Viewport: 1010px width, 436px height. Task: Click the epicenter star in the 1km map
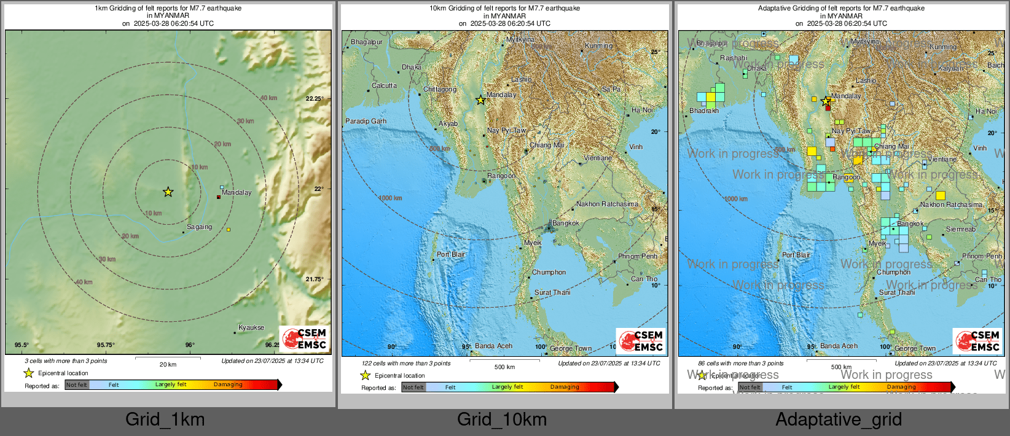[x=168, y=192]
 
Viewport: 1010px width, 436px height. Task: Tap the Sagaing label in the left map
[x=199, y=227]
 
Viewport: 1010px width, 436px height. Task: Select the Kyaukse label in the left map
[x=251, y=327]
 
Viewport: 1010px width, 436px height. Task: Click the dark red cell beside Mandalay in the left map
[x=218, y=197]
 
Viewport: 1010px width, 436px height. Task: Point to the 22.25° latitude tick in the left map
[x=315, y=98]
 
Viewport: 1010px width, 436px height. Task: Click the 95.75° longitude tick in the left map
[x=106, y=345]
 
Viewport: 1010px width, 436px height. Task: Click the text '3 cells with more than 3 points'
[x=66, y=361]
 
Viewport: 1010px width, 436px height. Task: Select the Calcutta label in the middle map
[x=384, y=85]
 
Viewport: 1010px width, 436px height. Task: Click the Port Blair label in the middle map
[x=450, y=254]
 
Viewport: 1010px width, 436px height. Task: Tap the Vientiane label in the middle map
[x=597, y=158]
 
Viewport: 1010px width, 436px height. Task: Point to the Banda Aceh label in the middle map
[x=493, y=346]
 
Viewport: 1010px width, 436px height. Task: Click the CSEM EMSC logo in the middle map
[x=641, y=341]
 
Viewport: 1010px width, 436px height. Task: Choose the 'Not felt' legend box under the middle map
[x=413, y=387]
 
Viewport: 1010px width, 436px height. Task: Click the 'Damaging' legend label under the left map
[x=228, y=384]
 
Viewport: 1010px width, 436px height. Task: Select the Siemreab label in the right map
[x=960, y=229]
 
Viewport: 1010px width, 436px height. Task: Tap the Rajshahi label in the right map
[x=734, y=58]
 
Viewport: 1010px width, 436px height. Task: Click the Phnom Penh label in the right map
[x=981, y=256]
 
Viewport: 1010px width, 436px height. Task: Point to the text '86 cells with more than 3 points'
[x=740, y=364]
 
